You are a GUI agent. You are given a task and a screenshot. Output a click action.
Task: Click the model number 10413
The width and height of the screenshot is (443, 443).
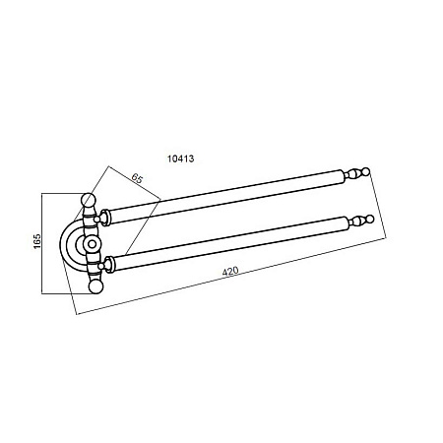(x=180, y=158)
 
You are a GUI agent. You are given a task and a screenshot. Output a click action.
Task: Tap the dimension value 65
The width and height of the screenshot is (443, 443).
(x=137, y=178)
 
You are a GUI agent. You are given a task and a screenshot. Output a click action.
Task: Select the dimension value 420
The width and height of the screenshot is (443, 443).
(x=230, y=271)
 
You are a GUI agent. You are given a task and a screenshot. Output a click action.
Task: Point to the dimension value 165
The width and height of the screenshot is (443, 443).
(x=37, y=241)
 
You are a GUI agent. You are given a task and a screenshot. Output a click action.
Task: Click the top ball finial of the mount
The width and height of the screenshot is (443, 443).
(x=88, y=199)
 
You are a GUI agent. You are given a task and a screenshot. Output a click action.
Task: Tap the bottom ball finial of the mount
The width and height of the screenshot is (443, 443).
(x=95, y=286)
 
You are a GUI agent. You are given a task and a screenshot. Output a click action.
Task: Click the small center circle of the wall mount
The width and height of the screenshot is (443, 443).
(x=92, y=244)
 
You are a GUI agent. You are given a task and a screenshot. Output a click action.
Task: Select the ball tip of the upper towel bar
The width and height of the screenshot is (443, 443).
(x=366, y=171)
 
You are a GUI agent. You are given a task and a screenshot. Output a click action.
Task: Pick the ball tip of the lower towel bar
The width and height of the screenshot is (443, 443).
(x=370, y=219)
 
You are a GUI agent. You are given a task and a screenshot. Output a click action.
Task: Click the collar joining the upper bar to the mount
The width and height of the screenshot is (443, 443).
(x=105, y=218)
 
